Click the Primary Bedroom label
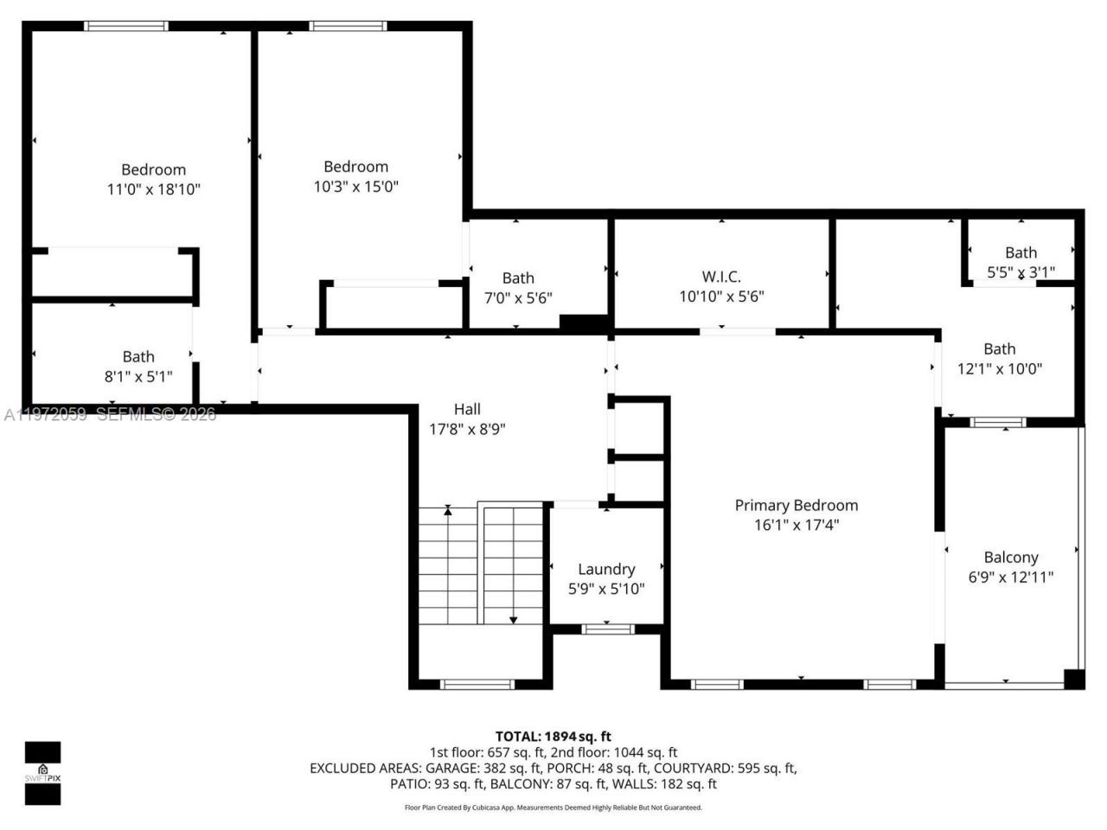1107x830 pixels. [796, 506]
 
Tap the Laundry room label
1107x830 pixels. [606, 569]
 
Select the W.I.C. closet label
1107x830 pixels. [721, 277]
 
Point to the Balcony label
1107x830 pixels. [1011, 558]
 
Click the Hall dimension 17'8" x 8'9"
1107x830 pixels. [467, 429]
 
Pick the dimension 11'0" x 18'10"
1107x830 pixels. [153, 189]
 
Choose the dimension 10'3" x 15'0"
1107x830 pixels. [355, 187]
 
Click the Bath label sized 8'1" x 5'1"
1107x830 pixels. [138, 356]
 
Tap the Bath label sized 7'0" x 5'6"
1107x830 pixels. [518, 278]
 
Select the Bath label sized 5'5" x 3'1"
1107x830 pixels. [1021, 252]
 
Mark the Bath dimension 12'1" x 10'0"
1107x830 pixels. [999, 368]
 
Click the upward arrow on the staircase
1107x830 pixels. [447, 513]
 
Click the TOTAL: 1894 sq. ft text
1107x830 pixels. [553, 737]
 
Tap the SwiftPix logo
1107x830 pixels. [42, 772]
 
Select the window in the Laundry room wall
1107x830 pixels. [607, 629]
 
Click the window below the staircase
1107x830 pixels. [477, 684]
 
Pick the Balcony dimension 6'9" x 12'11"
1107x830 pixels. [1011, 578]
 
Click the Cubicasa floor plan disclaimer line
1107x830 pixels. [553, 808]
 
